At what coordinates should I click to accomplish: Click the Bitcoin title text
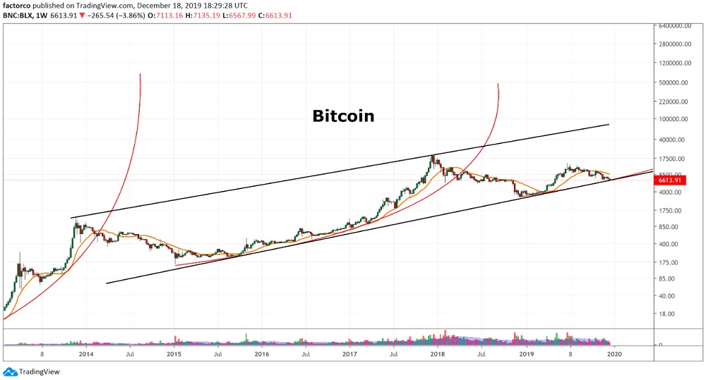(x=343, y=116)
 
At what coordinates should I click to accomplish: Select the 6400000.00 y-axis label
(x=674, y=26)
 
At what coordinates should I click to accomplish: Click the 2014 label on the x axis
(x=85, y=355)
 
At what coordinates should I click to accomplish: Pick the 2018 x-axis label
(x=437, y=355)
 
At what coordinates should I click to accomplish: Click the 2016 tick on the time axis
(x=261, y=355)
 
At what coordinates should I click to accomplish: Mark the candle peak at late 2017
(x=433, y=155)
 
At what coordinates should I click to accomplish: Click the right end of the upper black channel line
(x=609, y=124)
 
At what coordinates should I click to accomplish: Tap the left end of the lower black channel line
(x=106, y=283)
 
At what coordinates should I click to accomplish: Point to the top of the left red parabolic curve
(x=140, y=73)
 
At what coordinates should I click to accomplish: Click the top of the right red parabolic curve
(x=498, y=84)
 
